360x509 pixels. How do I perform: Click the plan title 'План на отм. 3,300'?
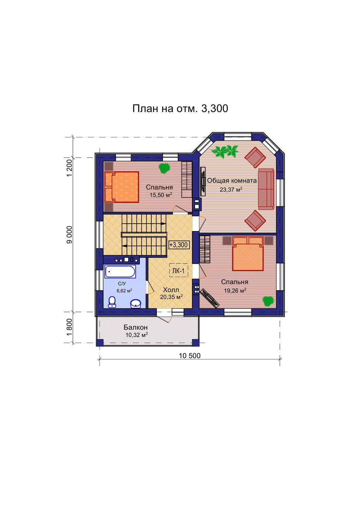pos(180,109)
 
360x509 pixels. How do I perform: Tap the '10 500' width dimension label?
pos(190,356)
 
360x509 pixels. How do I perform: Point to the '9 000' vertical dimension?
pos(70,235)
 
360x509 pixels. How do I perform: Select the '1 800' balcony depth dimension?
pos(70,327)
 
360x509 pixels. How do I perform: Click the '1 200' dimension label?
pos(70,168)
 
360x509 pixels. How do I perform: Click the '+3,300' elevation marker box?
pos(178,245)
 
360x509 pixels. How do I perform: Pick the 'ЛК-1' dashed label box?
pos(178,270)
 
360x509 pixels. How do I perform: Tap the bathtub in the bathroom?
pos(120,271)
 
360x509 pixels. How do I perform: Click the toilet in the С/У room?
pos(112,302)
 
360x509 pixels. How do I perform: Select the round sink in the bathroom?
pos(136,303)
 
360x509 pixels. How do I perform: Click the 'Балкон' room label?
pos(135,327)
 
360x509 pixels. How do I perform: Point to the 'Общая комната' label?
pos(232,181)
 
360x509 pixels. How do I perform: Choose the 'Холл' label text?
pos(171,290)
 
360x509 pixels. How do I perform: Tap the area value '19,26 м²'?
pos(235,290)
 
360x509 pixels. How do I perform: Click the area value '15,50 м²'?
pos(160,195)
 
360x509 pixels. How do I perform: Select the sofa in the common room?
pos(266,189)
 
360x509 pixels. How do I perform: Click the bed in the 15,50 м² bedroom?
pos(121,187)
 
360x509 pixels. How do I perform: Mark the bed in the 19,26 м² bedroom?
pos(248,253)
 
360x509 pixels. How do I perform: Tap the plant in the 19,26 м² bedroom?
pos(268,301)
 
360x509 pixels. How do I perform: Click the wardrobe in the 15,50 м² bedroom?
pos(187,180)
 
